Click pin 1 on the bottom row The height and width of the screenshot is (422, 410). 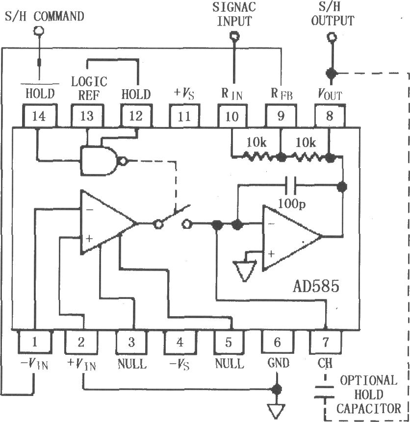(34, 341)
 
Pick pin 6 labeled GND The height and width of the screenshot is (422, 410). (277, 341)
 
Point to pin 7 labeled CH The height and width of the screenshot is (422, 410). (325, 341)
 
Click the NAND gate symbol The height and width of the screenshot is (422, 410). (101, 161)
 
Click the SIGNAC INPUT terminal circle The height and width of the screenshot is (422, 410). (234, 36)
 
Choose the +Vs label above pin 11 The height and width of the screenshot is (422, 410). (184, 93)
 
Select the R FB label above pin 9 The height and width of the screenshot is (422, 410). (282, 93)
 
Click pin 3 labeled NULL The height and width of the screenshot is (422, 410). (131, 341)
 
